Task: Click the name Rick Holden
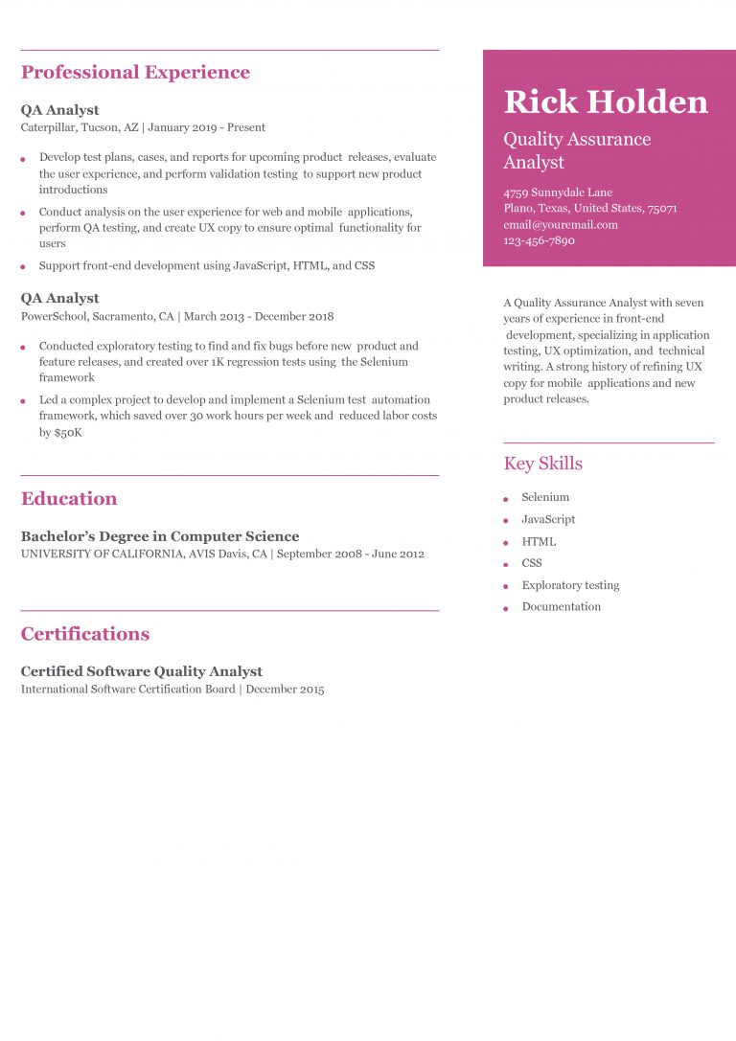(x=606, y=102)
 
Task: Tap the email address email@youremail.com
(x=561, y=225)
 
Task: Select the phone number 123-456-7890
(x=539, y=241)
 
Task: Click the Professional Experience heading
(x=135, y=73)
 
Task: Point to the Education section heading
(x=69, y=499)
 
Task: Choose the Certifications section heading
(x=85, y=634)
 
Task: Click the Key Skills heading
(x=542, y=464)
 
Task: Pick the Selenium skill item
(x=545, y=498)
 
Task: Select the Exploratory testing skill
(x=570, y=585)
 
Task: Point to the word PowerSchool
(x=53, y=316)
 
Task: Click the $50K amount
(x=67, y=433)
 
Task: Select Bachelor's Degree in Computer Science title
(x=160, y=536)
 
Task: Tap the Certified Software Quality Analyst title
(x=142, y=671)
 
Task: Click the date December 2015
(x=285, y=690)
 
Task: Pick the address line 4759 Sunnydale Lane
(x=558, y=192)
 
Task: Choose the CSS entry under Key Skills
(x=532, y=563)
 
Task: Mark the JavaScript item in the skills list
(x=548, y=520)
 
